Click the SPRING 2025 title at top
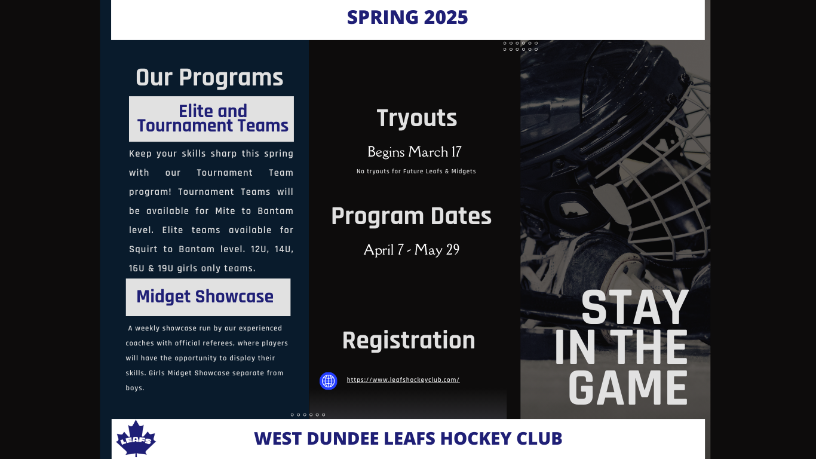pos(407,17)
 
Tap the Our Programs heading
pos(210,78)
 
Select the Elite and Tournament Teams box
pos(211,119)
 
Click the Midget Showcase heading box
pos(208,297)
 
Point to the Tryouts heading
pos(417,118)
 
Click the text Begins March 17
pos(414,152)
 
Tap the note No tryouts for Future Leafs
pos(416,172)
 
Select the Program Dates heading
pos(411,216)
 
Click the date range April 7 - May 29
pos(411,250)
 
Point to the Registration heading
pos(409,341)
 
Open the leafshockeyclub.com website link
pos(403,380)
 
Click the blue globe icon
pos(328,381)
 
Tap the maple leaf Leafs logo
pos(136,438)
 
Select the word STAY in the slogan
pos(634,307)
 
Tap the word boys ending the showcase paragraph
pos(135,388)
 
